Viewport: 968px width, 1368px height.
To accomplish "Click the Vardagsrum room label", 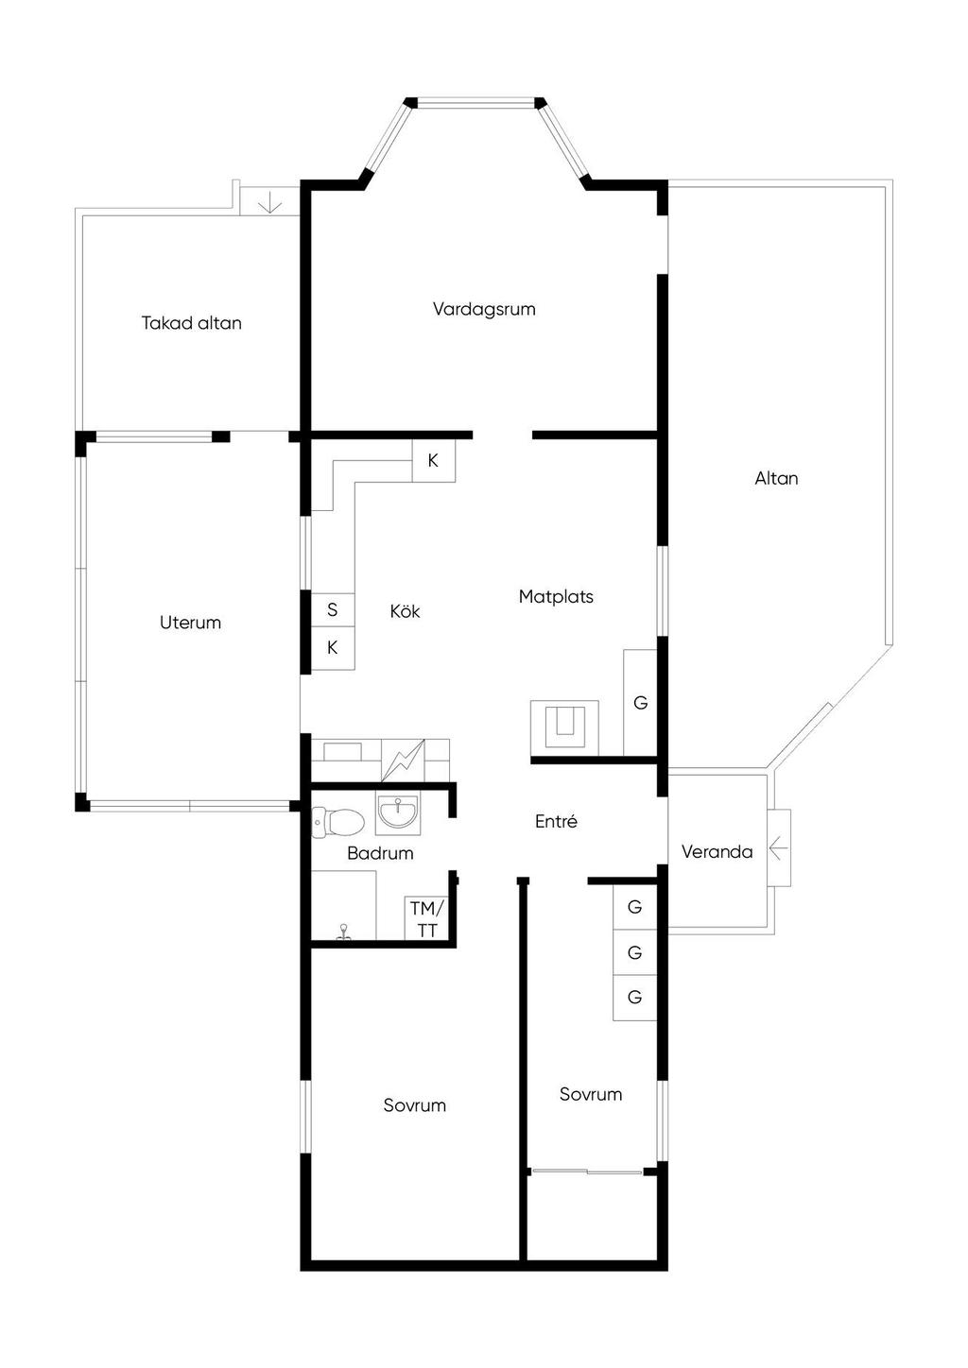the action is point(484,309).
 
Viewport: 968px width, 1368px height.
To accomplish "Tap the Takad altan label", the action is point(191,322).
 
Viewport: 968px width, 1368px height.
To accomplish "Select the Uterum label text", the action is point(190,623).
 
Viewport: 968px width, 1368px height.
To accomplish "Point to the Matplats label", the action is point(556,596).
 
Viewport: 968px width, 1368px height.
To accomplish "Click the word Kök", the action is point(406,610).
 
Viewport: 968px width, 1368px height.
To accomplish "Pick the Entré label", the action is point(556,821).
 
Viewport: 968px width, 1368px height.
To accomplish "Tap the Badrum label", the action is point(380,853).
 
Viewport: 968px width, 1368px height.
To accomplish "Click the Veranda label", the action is point(717,851).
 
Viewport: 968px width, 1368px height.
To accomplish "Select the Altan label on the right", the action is point(776,478).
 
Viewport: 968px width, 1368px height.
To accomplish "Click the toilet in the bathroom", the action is point(337,821).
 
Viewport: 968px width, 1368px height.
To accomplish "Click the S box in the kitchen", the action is point(333,609).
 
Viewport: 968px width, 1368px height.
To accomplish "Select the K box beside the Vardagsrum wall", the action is point(433,460).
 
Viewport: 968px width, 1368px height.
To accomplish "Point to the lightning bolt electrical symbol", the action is point(403,761).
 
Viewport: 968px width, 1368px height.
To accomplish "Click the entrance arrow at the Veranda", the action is point(777,847).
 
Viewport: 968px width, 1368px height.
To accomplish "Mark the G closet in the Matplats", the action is point(640,702).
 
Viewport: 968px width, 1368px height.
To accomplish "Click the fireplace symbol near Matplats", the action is point(564,728).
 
